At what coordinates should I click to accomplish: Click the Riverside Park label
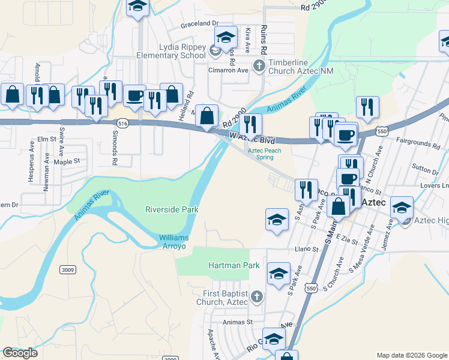pos(172,209)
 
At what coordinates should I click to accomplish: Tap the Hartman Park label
pos(234,265)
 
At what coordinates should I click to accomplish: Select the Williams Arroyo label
pos(173,242)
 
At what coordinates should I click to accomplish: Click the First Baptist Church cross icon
pos(256,296)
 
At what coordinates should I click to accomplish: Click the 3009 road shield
pos(68,270)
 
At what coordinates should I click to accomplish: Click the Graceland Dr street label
pos(199,25)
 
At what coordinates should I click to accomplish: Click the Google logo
pos(20,353)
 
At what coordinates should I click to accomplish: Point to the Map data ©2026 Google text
pos(411,355)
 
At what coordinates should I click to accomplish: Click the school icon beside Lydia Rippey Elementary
pos(226,37)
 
